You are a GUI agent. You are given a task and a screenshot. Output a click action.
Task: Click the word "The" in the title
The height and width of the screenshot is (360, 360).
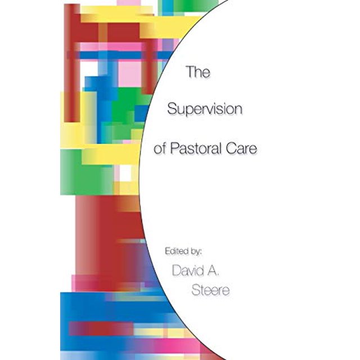tap(198, 72)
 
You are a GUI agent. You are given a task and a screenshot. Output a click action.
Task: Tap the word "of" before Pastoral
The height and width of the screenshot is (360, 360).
tap(160, 148)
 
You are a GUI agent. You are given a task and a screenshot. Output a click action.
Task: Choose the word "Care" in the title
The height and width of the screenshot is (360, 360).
tap(241, 148)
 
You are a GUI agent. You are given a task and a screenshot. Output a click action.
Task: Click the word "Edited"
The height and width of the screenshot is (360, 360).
tap(176, 251)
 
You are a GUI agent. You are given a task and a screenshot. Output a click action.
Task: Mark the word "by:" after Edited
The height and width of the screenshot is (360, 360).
tap(196, 251)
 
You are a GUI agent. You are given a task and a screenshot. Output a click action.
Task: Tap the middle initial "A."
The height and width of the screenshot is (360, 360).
tap(214, 271)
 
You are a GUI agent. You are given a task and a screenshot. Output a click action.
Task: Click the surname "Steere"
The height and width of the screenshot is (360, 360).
tap(210, 290)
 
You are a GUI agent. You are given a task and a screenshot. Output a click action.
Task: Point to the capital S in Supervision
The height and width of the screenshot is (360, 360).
tap(172, 109)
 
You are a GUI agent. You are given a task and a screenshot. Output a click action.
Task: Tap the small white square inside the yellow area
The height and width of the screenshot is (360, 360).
tap(125, 173)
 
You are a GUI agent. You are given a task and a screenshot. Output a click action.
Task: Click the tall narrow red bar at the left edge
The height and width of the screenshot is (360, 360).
tap(72, 63)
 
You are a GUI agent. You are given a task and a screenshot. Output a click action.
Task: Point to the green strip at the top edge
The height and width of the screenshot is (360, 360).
tap(195, 5)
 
